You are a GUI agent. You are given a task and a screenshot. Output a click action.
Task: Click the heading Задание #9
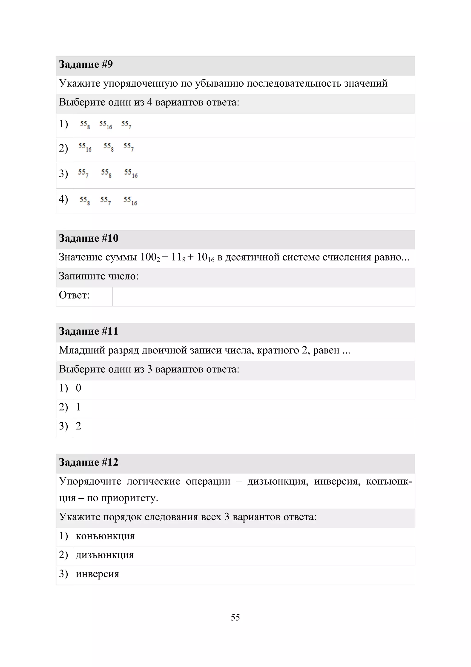tap(86, 64)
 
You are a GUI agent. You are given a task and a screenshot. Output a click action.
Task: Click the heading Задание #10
tap(89, 238)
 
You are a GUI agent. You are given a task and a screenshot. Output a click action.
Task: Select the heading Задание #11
tap(89, 331)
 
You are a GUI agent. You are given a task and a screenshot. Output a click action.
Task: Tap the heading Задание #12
tap(89, 462)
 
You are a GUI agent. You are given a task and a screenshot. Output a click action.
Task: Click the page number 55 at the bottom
tap(235, 617)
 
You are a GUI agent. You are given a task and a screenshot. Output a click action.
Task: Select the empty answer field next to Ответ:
tap(263, 297)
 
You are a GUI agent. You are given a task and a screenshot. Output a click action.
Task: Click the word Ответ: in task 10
tap(74, 295)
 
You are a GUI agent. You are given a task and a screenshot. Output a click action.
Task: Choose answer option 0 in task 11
tap(78, 388)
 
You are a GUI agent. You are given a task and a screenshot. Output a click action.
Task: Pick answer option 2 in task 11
tap(78, 426)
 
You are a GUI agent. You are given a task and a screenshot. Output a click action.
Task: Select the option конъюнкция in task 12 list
tap(105, 536)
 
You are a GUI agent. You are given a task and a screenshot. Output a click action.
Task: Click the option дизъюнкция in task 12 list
tap(105, 555)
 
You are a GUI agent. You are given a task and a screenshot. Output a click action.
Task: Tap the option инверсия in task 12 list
tap(98, 574)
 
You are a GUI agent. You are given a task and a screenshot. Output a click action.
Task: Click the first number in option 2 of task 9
tap(85, 147)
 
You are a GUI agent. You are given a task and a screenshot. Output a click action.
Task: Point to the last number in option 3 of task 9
tap(131, 173)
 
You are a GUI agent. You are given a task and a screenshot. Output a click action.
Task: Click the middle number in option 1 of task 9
tap(106, 125)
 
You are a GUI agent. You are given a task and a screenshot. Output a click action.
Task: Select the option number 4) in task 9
tap(63, 199)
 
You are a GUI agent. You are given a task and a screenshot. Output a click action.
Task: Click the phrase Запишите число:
tap(99, 276)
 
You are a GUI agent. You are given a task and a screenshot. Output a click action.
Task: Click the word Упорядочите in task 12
tap(90, 481)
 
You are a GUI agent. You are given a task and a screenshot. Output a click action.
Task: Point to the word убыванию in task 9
tap(219, 83)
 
